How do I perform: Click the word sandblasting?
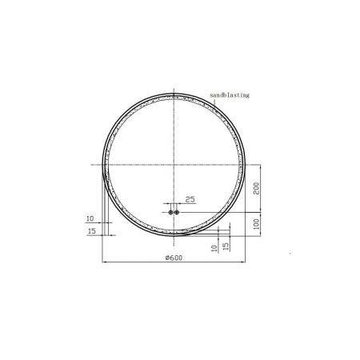point(230,95)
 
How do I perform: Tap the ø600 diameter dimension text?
point(174,258)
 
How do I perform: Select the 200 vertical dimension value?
point(256,188)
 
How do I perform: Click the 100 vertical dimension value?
point(256,224)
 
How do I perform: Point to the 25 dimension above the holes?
point(190,199)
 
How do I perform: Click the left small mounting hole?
point(170,212)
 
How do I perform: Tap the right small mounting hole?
point(177,212)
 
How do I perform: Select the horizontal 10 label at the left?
point(90,218)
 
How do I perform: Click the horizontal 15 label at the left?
point(92,231)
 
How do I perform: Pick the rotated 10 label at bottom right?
point(214,248)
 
